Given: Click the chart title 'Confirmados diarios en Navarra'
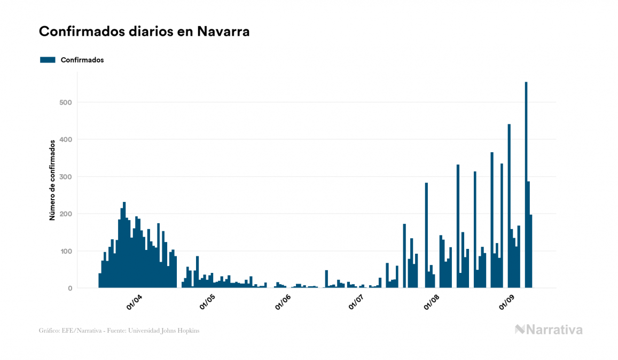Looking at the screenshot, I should [144, 32].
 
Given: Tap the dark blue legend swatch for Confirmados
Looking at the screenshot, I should [48, 60].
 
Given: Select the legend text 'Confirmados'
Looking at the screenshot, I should [82, 60].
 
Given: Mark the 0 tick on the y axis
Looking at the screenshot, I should [69, 288].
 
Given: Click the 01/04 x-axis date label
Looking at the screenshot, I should [135, 303].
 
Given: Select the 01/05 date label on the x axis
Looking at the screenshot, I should [208, 303].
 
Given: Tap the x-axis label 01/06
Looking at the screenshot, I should [283, 303].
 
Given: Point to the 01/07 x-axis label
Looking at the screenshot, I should [357, 303].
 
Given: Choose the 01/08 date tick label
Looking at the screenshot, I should [432, 303].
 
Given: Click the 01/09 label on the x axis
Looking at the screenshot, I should [506, 303].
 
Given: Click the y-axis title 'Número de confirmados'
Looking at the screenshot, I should [52, 181].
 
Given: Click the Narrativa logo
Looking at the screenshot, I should [549, 330].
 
